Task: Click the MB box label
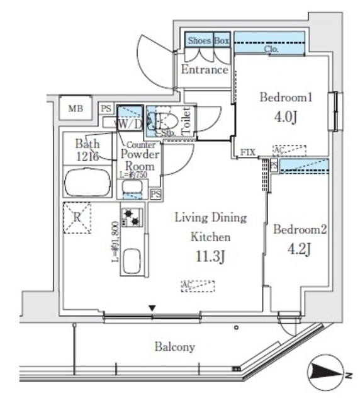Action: [x=76, y=108]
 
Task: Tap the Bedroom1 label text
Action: [x=286, y=98]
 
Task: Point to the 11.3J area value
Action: [x=210, y=256]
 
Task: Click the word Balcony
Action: [x=174, y=347]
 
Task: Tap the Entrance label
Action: [x=204, y=70]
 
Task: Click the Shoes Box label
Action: [x=208, y=40]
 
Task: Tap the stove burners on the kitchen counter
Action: [x=132, y=218]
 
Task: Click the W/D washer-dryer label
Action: [x=129, y=125]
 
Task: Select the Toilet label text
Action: [x=186, y=120]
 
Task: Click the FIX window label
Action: [x=247, y=153]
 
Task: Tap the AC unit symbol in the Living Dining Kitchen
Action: [x=197, y=285]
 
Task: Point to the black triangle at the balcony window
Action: [x=152, y=308]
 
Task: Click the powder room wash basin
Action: [x=133, y=188]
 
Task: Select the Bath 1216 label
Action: [x=87, y=150]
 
